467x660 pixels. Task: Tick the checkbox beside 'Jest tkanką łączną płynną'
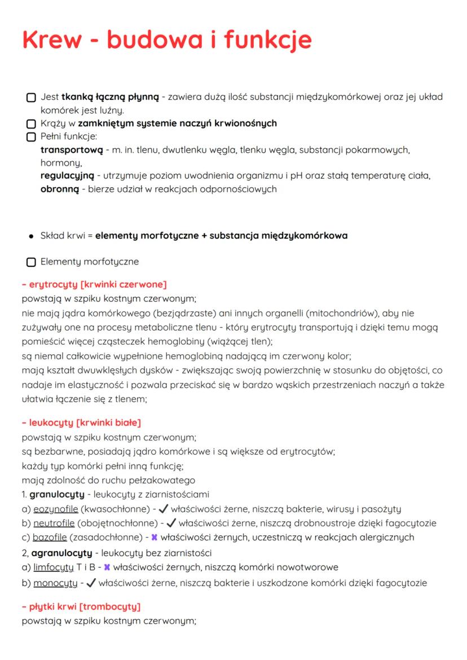pyautogui.click(x=31, y=98)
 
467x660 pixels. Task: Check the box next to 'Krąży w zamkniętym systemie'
pyautogui.click(x=31, y=124)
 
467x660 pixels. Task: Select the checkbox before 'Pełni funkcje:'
pyautogui.click(x=31, y=137)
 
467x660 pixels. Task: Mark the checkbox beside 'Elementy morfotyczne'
pyautogui.click(x=31, y=262)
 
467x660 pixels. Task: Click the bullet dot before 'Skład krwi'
pyautogui.click(x=31, y=236)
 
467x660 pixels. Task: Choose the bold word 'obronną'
pyautogui.click(x=59, y=189)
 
